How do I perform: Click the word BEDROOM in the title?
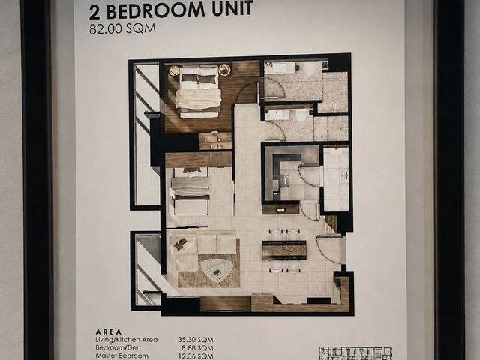pyautogui.click(x=156, y=10)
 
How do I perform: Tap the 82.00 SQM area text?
pyautogui.click(x=122, y=28)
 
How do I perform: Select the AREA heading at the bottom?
pyautogui.click(x=109, y=331)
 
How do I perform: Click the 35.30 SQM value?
pyautogui.click(x=196, y=340)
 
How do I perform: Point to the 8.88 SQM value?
pyautogui.click(x=197, y=348)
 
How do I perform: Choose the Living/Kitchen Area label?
pyautogui.click(x=127, y=340)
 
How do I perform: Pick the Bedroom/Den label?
pyautogui.click(x=118, y=348)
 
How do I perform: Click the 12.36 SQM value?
pyautogui.click(x=196, y=356)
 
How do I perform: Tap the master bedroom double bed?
pyautogui.click(x=198, y=91)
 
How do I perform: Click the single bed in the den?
pyautogui.click(x=191, y=190)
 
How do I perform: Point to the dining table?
pyautogui.click(x=284, y=250)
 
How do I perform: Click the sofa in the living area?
pyautogui.click(x=202, y=248)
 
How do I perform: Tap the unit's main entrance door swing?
pyautogui.click(x=328, y=250)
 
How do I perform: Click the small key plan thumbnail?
pyautogui.click(x=355, y=353)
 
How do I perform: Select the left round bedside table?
pyautogui.click(x=174, y=70)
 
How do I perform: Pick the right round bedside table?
pyautogui.click(x=224, y=70)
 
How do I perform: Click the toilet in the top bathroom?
pyautogui.click(x=310, y=68)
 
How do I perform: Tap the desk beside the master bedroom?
pyautogui.click(x=215, y=141)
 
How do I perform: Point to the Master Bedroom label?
pyautogui.click(x=121, y=356)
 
